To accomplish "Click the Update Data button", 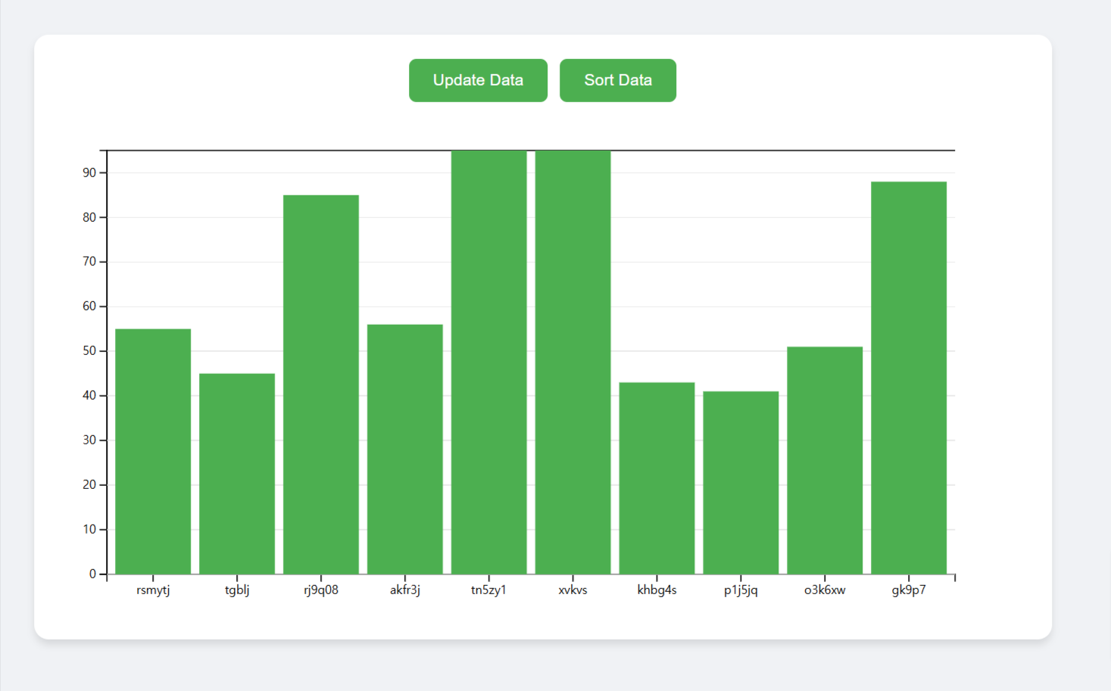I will [x=478, y=80].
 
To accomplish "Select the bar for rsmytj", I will [x=153, y=451].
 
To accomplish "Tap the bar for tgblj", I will [x=237, y=473].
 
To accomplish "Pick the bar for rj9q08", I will [x=321, y=384].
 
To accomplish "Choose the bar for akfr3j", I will [x=405, y=449].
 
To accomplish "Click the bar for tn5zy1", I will [x=489, y=362].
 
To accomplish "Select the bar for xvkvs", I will [x=573, y=362].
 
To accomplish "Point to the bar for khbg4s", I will [x=657, y=478].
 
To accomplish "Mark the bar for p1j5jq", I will [x=741, y=482].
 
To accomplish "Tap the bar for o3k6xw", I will [x=825, y=460].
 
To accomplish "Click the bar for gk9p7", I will [x=909, y=378].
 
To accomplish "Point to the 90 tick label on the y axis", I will [x=89, y=173].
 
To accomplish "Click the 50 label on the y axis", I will [x=89, y=351].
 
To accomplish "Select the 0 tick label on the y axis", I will [x=92, y=574].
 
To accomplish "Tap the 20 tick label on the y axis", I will [x=89, y=484].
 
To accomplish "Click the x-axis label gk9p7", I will [x=909, y=590].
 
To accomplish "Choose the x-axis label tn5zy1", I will [x=488, y=590].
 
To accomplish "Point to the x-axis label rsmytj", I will [x=153, y=590].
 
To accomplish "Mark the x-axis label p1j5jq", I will [x=741, y=590].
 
